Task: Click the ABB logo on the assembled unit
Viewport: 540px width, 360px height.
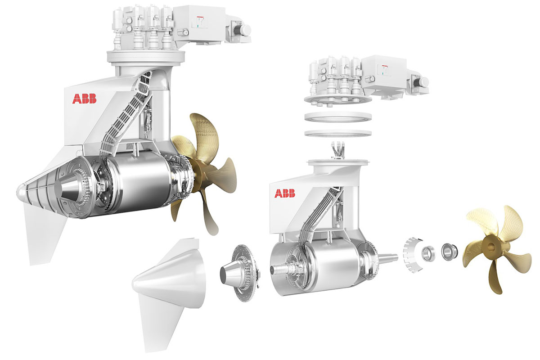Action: coord(85,99)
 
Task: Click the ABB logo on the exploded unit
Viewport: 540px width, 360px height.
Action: coord(285,193)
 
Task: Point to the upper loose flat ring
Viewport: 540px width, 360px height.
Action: coord(338,117)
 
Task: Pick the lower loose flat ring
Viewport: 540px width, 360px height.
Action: coord(338,133)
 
